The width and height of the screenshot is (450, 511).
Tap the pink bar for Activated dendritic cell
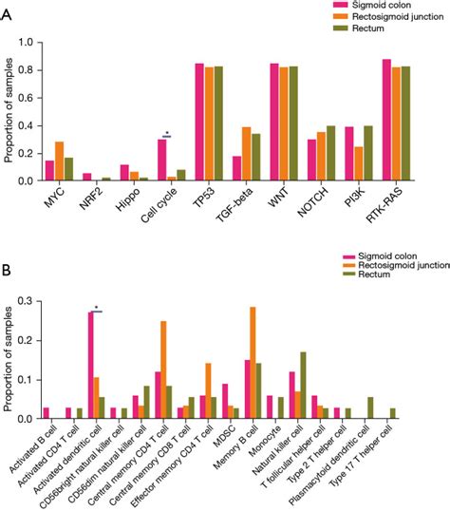pos(91,365)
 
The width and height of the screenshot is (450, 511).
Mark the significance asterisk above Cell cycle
pos(167,133)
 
